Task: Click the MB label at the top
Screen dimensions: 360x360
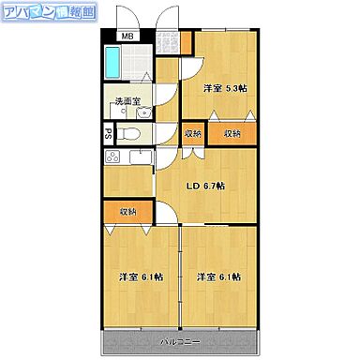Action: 127,38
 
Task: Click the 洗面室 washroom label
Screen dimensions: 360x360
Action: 127,100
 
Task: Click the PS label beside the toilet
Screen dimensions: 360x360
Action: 108,133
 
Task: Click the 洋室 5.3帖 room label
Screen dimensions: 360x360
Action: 225,88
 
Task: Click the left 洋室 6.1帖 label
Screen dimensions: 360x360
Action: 140,277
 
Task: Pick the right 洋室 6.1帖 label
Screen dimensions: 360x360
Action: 218,277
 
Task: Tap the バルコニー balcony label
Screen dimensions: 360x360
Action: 178,339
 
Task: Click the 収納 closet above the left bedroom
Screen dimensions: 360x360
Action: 127,211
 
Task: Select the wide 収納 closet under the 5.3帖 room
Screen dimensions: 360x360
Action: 232,133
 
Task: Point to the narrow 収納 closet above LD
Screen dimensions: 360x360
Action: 192,133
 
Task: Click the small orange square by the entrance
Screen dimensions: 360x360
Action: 186,42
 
